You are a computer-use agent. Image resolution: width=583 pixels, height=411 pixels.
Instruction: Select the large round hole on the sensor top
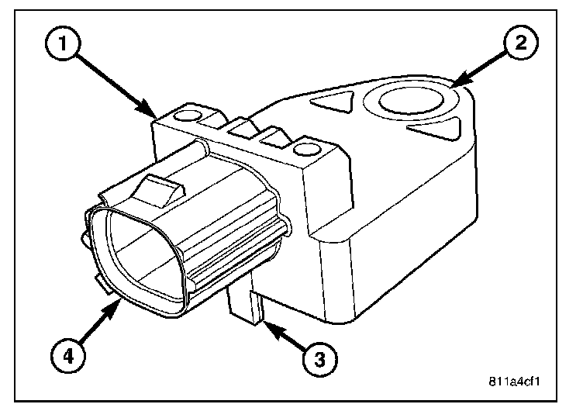pos(412,101)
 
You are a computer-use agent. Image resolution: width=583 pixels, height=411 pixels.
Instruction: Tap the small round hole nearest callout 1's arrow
pos(186,116)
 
